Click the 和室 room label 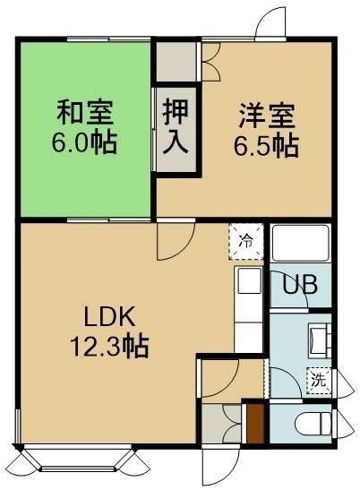(84, 113)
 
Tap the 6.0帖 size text (84, 142)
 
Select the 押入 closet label (176, 126)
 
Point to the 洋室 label (267, 116)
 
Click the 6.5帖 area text (267, 146)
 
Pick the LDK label (109, 316)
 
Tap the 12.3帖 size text (109, 347)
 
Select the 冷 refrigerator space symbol (246, 241)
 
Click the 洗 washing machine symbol (319, 381)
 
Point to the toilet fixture (312, 424)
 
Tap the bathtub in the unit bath (300, 243)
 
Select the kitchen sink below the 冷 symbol (249, 280)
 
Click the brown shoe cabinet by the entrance (255, 424)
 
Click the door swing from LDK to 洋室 (176, 241)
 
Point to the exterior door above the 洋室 (270, 22)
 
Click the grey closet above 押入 (176, 62)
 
